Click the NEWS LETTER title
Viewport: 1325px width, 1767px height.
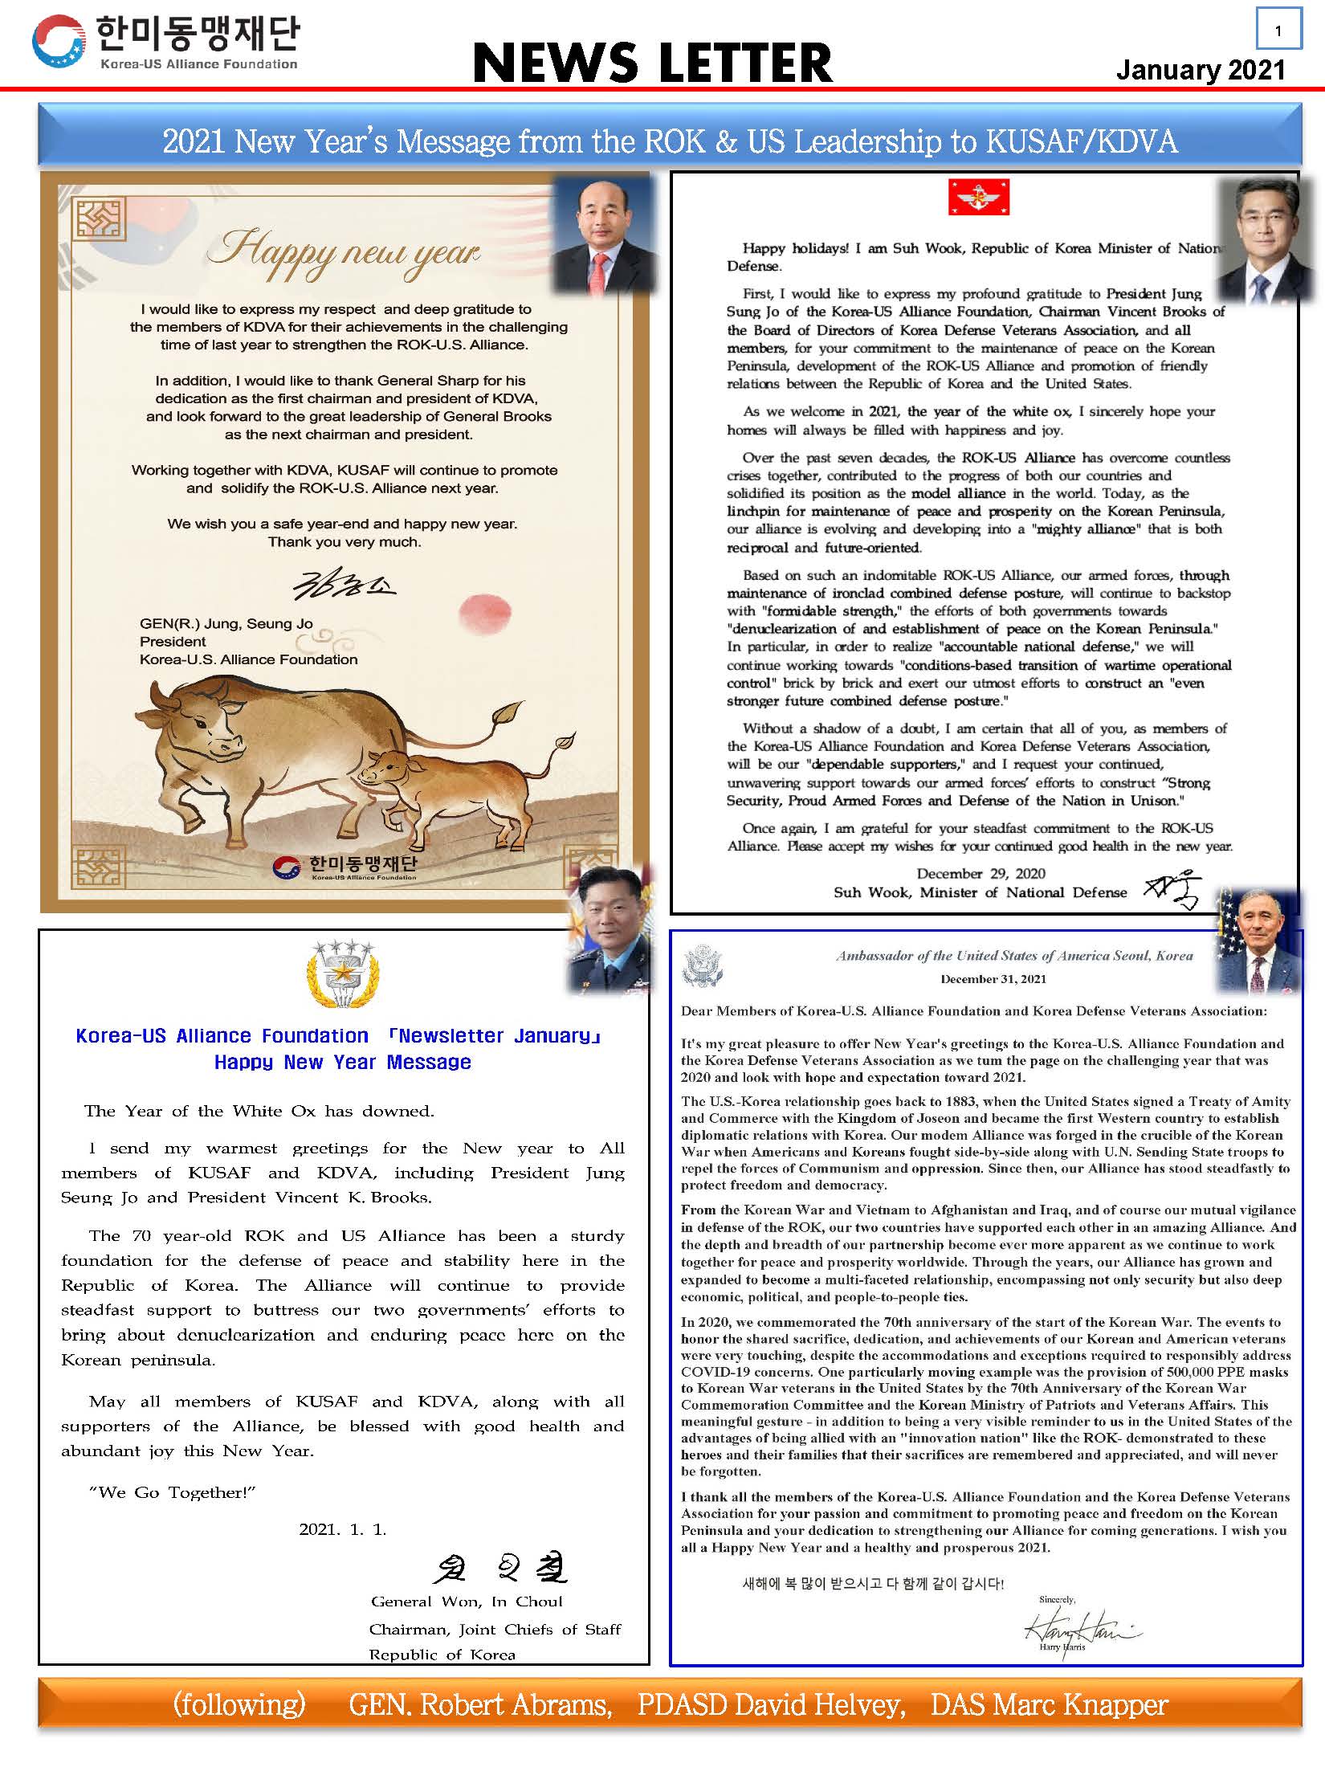click(652, 63)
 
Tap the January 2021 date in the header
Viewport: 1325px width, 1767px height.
click(1201, 70)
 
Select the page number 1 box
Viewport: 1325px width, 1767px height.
click(1278, 31)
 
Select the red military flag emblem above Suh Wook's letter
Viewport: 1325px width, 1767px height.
click(978, 198)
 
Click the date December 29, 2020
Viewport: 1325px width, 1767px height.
click(980, 874)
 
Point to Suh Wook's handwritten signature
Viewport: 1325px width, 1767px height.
click(1173, 890)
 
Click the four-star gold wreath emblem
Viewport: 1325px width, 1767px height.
click(343, 974)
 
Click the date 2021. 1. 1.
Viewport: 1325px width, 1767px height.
click(343, 1529)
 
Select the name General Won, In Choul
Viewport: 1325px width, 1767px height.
click(466, 1602)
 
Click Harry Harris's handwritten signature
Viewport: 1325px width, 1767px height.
click(1080, 1627)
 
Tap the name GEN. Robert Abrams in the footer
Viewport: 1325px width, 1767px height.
click(479, 1704)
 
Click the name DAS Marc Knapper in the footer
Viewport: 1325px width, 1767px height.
click(1049, 1704)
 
